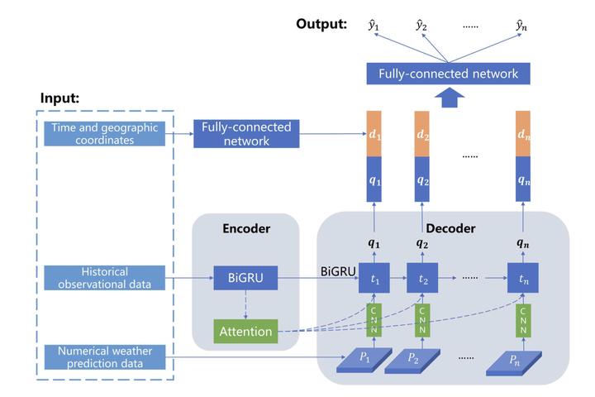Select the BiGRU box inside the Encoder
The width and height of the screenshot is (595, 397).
(x=245, y=278)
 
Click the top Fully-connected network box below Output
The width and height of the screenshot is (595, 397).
(x=448, y=74)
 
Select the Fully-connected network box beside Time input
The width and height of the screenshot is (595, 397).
(x=245, y=134)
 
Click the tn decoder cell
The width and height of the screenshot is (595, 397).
(x=523, y=279)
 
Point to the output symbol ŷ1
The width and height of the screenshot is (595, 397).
(x=374, y=26)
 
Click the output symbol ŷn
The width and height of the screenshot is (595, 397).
(x=522, y=26)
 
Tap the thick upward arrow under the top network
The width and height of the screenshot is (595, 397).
(x=448, y=99)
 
